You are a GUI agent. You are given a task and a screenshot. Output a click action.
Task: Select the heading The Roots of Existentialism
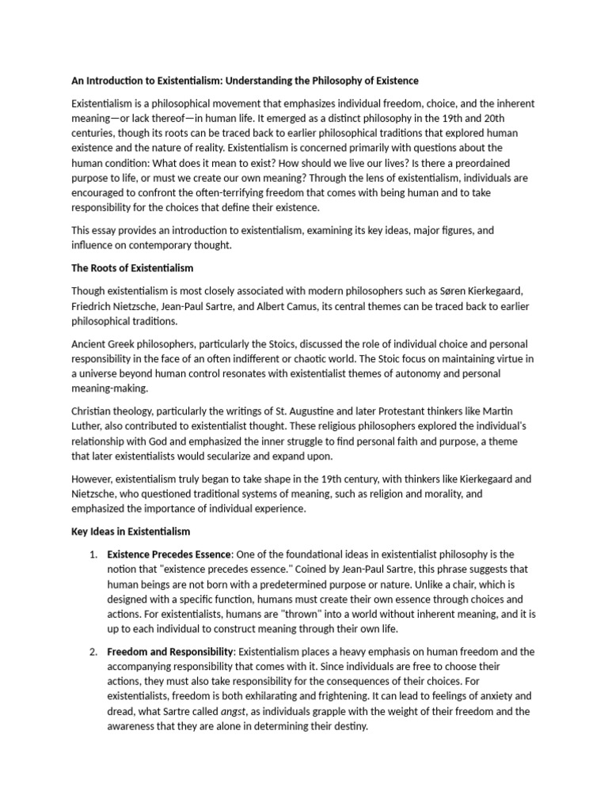(132, 267)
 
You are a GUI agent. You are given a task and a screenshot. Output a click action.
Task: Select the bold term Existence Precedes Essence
(169, 554)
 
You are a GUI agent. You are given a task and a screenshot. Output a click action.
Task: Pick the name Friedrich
(94, 305)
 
